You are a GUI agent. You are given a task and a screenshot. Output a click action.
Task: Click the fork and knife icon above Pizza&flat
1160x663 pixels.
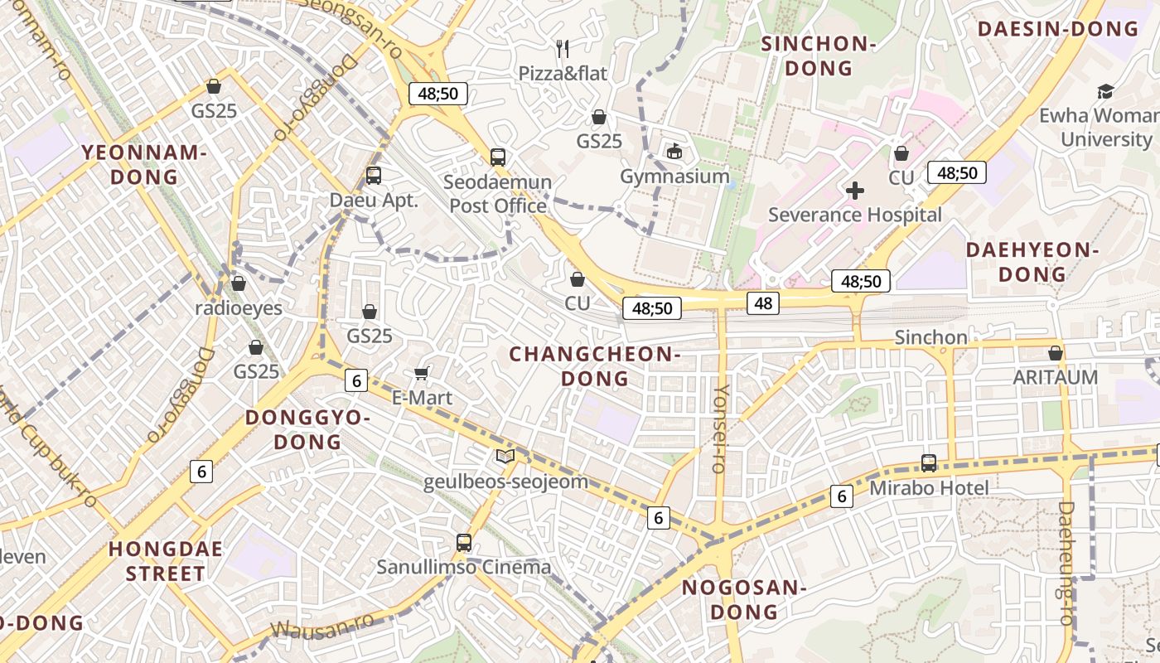[x=563, y=48]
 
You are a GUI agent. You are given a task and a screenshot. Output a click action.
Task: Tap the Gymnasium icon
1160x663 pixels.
[x=674, y=151]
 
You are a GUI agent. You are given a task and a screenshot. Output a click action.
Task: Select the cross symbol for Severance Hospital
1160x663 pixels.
[x=855, y=191]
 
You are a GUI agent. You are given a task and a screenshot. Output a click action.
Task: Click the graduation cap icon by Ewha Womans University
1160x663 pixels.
[x=1105, y=90]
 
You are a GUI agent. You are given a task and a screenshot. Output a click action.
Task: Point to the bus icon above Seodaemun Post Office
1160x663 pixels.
[x=497, y=157]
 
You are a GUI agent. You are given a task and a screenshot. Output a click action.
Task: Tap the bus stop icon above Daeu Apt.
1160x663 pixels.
[x=374, y=176]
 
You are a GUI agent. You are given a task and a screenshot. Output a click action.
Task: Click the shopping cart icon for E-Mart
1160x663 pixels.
[x=422, y=374]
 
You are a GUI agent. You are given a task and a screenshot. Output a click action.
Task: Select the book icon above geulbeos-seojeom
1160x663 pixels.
[x=505, y=456]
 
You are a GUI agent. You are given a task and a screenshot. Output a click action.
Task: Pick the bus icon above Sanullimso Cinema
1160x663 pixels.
[x=464, y=543]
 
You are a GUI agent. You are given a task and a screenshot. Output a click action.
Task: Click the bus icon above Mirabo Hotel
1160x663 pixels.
[x=929, y=463]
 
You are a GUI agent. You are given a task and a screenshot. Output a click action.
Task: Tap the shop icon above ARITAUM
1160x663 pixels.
[x=1056, y=353]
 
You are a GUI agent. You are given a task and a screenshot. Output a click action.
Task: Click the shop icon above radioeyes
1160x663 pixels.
[x=239, y=283]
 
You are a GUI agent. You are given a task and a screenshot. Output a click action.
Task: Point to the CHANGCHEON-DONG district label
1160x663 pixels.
[x=595, y=366]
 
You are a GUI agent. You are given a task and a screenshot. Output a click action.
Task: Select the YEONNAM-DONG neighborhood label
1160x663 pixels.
[x=144, y=164]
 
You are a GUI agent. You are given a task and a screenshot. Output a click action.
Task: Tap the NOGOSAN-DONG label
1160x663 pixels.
[x=743, y=600]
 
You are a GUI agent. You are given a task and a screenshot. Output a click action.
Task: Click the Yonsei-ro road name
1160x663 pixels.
[x=720, y=428]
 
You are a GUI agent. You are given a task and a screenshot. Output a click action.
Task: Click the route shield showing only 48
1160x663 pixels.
[x=763, y=303]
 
